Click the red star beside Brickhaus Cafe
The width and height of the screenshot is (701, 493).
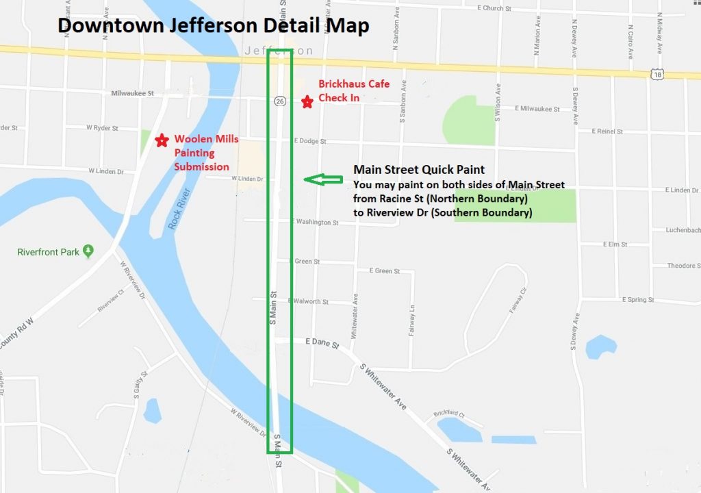coord(307,101)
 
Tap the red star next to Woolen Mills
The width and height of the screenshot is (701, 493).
coord(162,140)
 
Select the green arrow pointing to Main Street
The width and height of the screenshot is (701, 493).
coord(323,179)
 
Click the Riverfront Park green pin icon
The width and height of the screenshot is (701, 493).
coord(88,251)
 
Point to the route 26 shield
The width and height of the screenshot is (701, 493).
coord(279,101)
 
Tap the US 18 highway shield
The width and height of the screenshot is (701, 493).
coord(657,74)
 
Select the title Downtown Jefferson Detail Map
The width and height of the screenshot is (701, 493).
coord(213,26)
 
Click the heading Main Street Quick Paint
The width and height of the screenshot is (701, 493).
coord(419,170)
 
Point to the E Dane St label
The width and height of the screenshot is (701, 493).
coord(322,343)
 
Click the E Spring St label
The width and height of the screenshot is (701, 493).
coord(643,300)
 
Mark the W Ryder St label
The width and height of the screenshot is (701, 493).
coord(103,128)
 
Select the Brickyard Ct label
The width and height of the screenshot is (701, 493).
coord(448,414)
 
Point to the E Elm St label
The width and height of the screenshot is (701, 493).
coord(615,244)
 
